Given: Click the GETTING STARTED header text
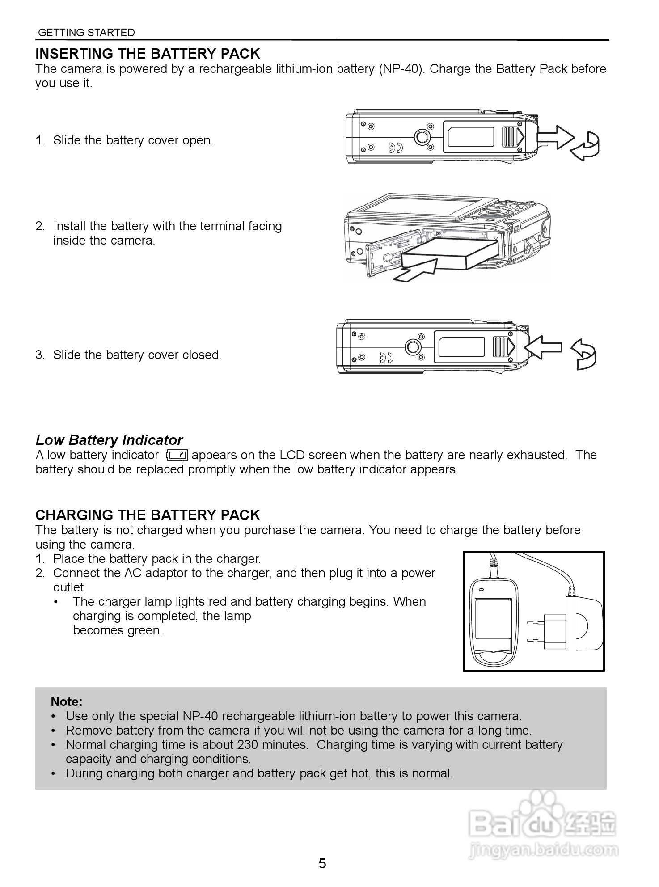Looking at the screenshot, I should (x=86, y=33).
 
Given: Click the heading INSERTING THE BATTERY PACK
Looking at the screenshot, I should (x=148, y=54).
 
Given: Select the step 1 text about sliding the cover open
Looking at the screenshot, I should (x=133, y=140).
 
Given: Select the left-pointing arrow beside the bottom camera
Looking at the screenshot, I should (x=543, y=346).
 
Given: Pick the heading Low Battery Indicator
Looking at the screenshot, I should (x=109, y=440).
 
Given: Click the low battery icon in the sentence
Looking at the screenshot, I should (x=177, y=455).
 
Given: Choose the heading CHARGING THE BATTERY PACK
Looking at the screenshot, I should (x=148, y=515).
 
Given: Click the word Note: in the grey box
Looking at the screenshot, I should (x=67, y=701).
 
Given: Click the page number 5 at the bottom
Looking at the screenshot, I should (x=322, y=863).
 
